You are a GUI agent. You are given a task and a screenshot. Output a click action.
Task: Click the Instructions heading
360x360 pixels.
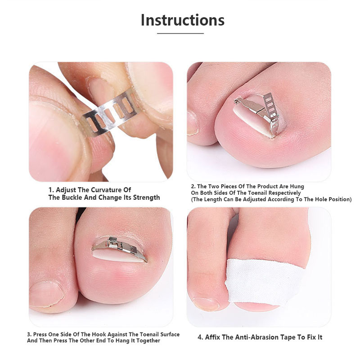click(x=183, y=20)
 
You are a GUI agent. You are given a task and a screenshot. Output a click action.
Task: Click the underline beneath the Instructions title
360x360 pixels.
click(x=180, y=33)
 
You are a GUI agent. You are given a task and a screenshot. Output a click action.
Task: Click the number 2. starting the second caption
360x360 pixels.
click(x=193, y=186)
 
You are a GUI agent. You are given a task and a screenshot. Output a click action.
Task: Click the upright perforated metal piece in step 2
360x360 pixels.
click(x=271, y=106)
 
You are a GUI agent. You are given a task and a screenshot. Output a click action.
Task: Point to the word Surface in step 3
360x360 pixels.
click(x=170, y=334)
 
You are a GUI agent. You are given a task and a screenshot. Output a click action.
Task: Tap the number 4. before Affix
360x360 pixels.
click(x=200, y=337)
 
